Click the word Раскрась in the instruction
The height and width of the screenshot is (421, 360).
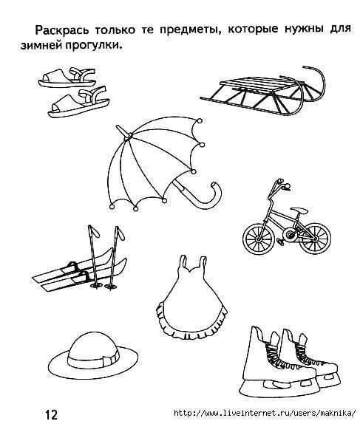tap(62, 30)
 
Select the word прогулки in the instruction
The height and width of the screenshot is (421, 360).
tap(93, 46)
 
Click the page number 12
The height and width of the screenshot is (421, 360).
tap(51, 414)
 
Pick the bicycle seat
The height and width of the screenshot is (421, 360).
tap(299, 210)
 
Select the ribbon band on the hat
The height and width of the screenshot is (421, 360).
tap(93, 361)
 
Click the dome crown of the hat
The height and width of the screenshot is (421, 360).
tap(93, 343)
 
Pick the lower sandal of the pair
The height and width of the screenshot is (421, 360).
tap(78, 103)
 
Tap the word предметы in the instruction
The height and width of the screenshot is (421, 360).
tap(191, 30)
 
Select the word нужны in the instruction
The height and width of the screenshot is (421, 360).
tap(304, 29)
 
